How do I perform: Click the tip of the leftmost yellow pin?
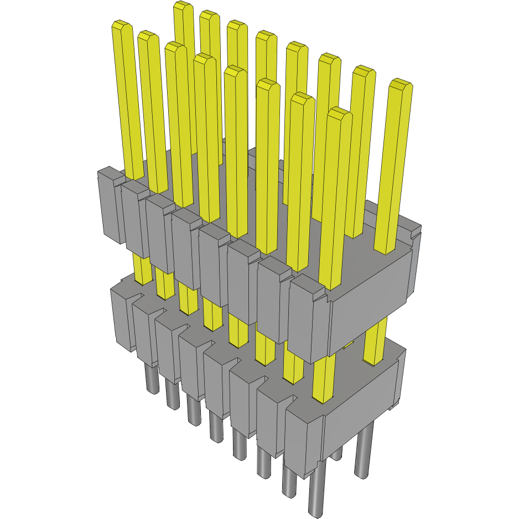(x=121, y=25)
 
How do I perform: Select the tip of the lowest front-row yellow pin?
(x=339, y=113)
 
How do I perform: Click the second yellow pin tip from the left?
(x=148, y=36)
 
